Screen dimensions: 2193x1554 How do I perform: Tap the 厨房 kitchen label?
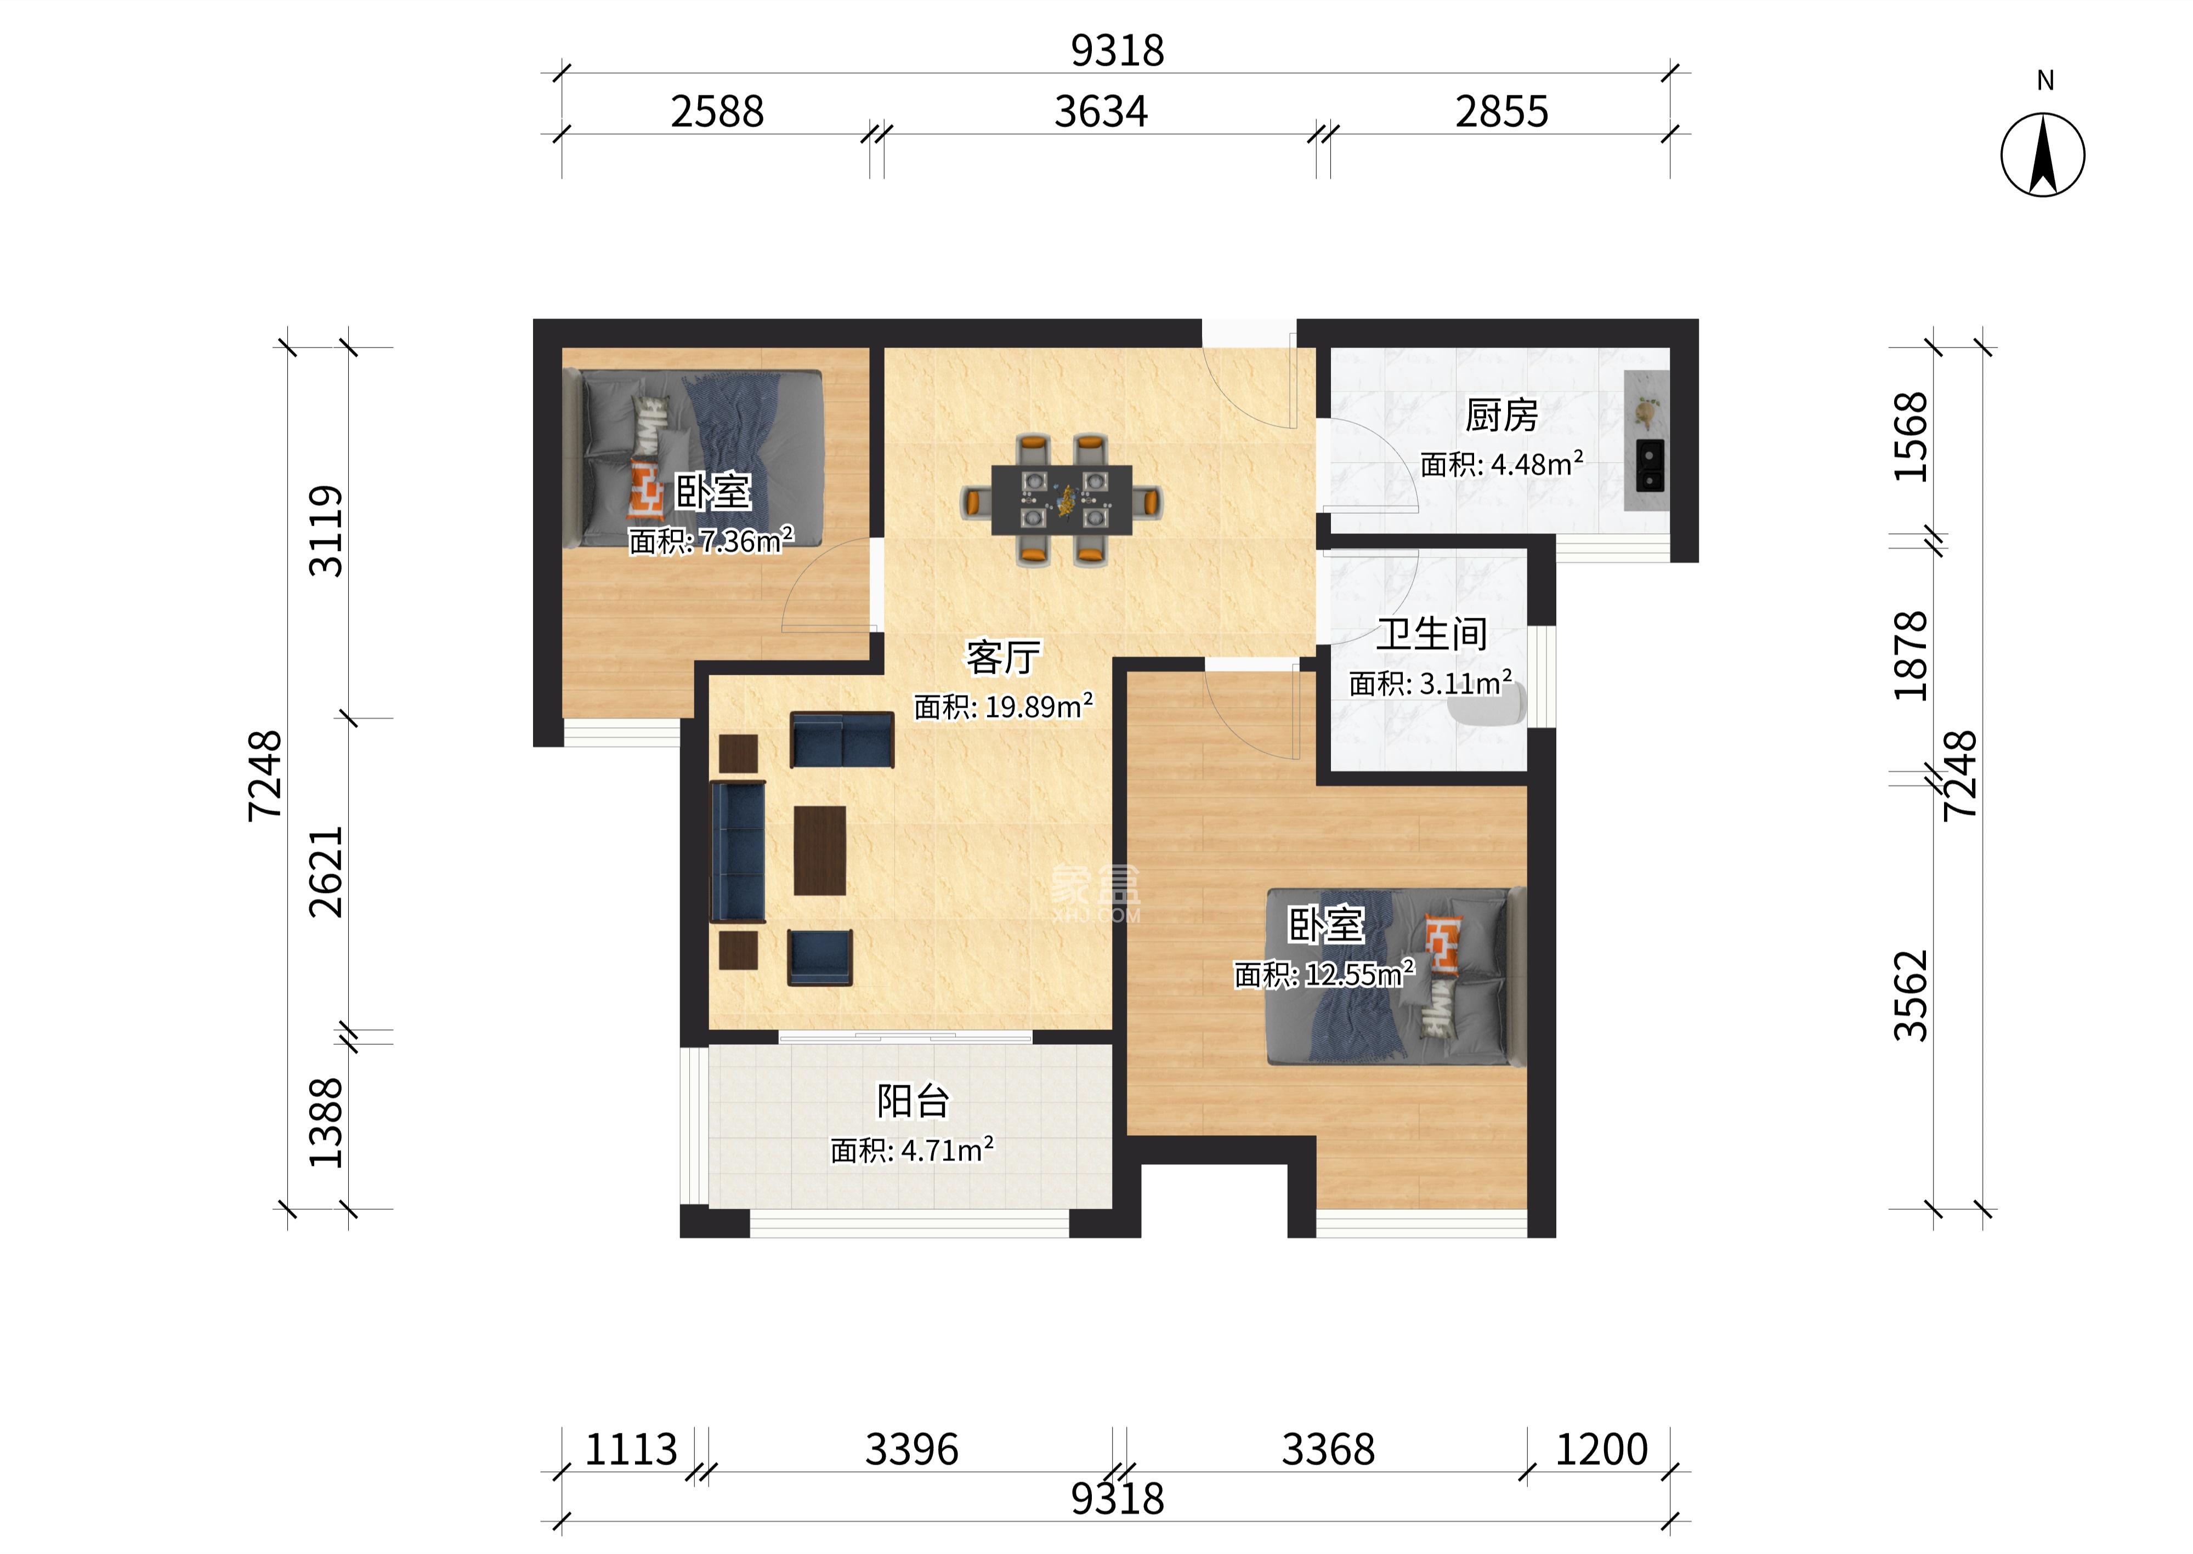1501,415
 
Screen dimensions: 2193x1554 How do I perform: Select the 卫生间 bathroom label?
1431,634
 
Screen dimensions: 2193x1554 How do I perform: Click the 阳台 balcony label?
912,1101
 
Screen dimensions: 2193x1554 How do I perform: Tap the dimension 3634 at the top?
1101,112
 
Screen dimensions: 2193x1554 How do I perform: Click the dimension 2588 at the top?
717,112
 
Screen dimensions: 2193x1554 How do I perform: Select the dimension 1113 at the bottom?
631,1450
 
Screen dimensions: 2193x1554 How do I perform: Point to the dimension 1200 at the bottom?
1601,1450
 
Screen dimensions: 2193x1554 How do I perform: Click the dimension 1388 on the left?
325,1123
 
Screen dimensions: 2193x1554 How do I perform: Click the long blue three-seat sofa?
737,852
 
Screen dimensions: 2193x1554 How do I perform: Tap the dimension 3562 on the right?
1911,995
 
